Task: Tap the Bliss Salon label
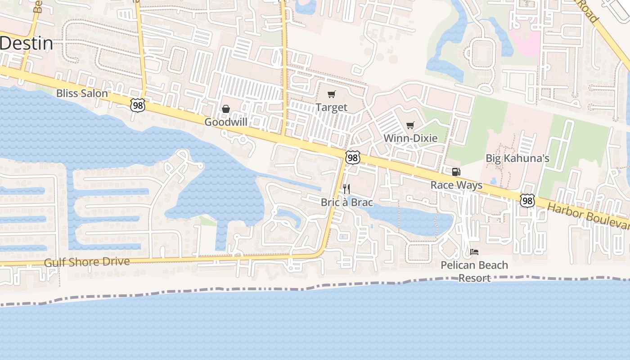(82, 94)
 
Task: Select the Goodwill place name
(226, 122)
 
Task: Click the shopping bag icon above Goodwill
(226, 109)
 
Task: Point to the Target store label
(332, 107)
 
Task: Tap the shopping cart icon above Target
(332, 94)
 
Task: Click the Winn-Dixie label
(410, 138)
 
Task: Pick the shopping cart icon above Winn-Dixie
(410, 126)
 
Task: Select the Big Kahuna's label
(517, 158)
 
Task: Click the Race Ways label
(456, 185)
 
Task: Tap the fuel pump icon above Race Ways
(456, 172)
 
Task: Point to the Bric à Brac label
(347, 202)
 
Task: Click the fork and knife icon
(346, 189)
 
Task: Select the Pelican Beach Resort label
(474, 271)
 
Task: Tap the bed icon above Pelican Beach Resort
(474, 252)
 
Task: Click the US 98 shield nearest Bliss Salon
(138, 106)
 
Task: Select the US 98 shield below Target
(353, 157)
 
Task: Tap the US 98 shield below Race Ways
(527, 201)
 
